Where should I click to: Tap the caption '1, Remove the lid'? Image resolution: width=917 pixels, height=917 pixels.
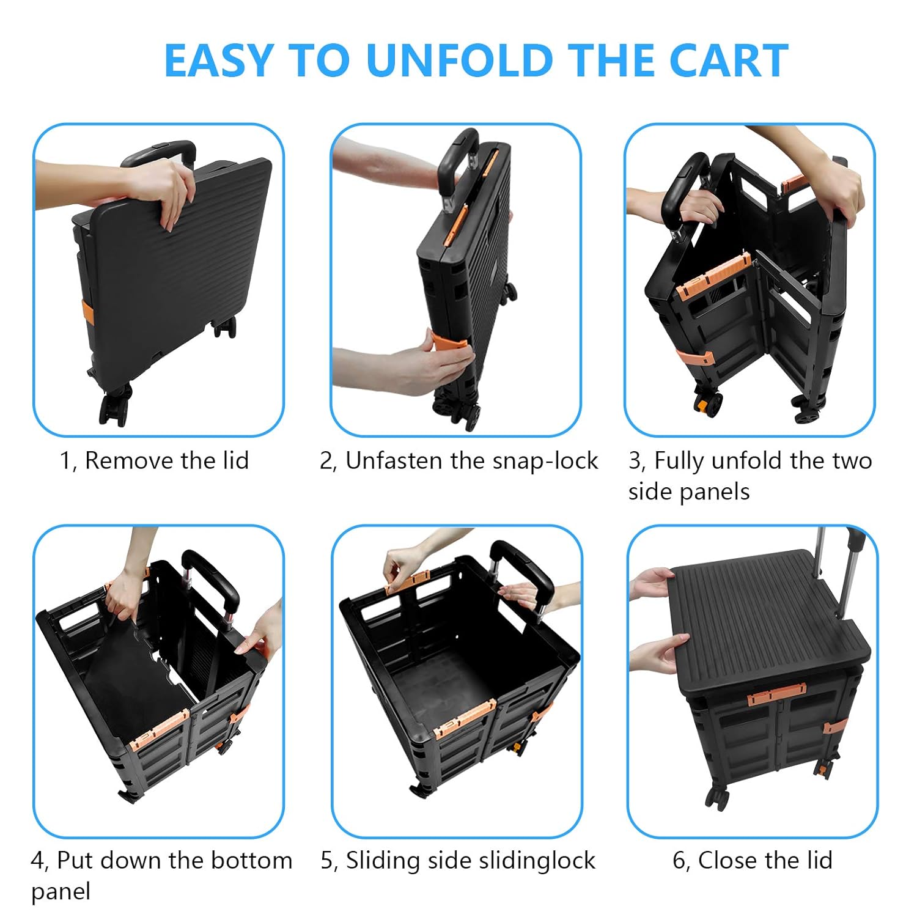(x=154, y=460)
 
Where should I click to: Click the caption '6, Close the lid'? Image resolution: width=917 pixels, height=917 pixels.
(x=752, y=860)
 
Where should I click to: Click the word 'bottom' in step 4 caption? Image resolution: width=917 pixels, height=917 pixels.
(x=251, y=860)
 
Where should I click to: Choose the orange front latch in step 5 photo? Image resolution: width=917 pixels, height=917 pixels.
(x=465, y=719)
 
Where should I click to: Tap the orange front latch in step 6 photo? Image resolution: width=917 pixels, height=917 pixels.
(x=776, y=694)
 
